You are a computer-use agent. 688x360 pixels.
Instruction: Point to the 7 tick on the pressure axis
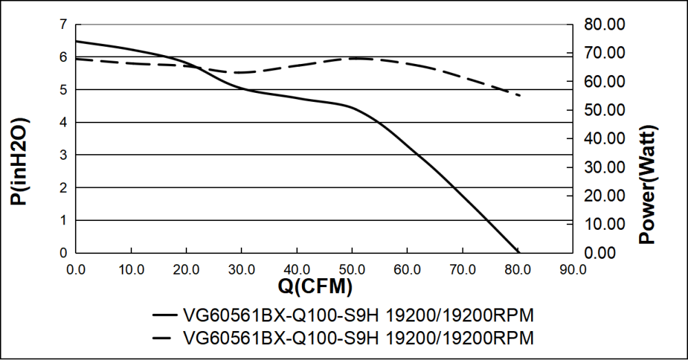(x=63, y=25)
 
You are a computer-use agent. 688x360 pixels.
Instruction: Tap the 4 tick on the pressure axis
(x=63, y=123)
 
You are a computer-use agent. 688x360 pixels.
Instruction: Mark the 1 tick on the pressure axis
(x=63, y=220)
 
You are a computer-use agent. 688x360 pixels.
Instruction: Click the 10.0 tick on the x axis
(x=131, y=269)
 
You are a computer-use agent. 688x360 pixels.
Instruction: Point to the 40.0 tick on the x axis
(x=297, y=269)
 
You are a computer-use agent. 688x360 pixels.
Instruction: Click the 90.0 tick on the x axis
(x=572, y=269)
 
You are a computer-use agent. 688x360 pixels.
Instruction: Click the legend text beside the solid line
(x=358, y=316)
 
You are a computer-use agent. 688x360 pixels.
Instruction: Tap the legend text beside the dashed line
(x=358, y=339)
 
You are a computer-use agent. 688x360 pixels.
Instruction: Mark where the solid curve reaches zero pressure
(x=517, y=252)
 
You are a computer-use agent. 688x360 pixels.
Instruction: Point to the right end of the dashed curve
(x=519, y=95)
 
